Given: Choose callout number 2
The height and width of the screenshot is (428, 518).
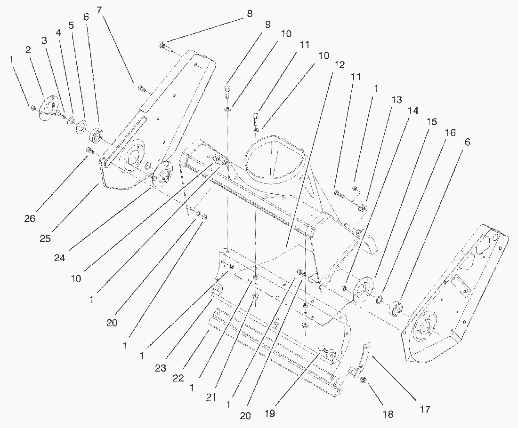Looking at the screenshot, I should click(x=28, y=50).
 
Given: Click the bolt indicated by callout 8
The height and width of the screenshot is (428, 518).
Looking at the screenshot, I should click(x=163, y=46).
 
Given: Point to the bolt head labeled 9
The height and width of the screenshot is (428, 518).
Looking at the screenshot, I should click(x=228, y=89).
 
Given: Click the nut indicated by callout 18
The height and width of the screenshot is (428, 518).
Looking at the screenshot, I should click(x=363, y=380).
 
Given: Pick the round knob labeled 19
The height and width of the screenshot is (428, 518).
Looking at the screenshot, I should click(x=323, y=349).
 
